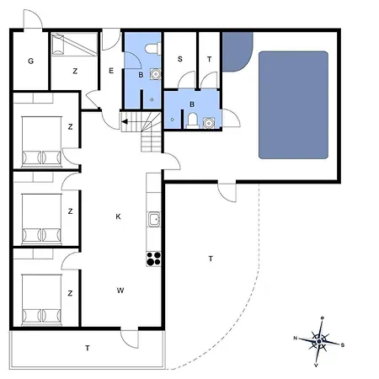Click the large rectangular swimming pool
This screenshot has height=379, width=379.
coord(293,105)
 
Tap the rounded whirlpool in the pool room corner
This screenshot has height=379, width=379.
coord(237,51)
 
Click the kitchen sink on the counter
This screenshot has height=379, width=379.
coord(154,219)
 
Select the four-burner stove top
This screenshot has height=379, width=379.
coord(153,259)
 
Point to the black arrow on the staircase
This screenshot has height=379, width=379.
coord(125,121)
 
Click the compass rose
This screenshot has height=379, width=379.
coord(319,341)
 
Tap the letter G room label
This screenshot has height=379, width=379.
coord(31,61)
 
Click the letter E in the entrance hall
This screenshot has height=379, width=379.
coord(111,71)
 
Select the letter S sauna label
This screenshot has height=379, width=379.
coord(180,59)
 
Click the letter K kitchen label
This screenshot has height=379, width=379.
coord(118,216)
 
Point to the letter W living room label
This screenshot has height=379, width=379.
coord(120,291)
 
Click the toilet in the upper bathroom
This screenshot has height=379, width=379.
coord(153,48)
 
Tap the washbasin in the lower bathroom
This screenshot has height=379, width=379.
coord(209,123)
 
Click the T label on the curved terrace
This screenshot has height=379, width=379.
coord(211,259)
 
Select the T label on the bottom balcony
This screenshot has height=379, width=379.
coord(88,348)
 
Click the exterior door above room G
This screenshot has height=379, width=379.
coord(33,19)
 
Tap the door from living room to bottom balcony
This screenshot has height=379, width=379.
coord(130,338)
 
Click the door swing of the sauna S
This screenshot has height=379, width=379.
coord(186,80)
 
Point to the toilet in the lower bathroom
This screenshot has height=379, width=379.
coord(192,120)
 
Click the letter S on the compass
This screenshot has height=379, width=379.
coord(343,345)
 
